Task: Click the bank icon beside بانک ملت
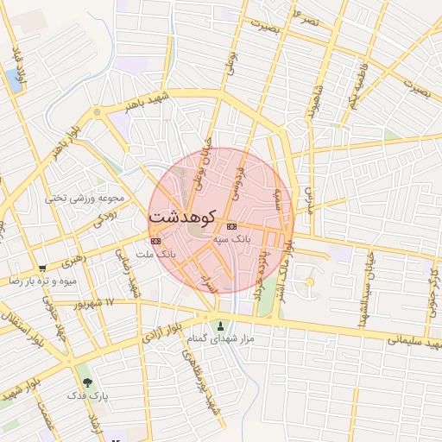(x=155, y=241)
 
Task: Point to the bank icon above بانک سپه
(x=230, y=225)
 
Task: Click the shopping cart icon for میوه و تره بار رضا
(x=42, y=268)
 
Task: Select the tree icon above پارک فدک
(x=85, y=382)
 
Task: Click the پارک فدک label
(x=85, y=395)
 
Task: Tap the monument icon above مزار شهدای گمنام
(x=223, y=326)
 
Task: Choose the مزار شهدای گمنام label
(x=223, y=339)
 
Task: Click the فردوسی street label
(x=238, y=176)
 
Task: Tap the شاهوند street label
(x=313, y=100)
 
